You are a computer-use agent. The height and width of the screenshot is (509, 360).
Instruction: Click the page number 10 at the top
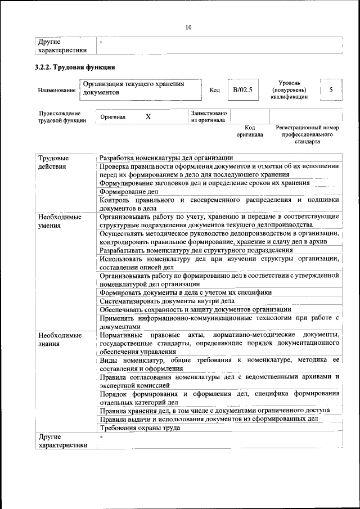coord(188,27)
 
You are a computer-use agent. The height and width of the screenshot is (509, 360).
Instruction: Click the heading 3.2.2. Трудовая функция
coord(71,68)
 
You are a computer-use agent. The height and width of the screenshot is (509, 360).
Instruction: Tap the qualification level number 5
coord(331,90)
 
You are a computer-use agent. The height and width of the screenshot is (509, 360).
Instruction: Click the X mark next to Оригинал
coord(148,116)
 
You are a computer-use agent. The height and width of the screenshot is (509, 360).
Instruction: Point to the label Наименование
coord(57,91)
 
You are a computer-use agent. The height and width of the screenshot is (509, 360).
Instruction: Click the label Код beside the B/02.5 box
coord(214,90)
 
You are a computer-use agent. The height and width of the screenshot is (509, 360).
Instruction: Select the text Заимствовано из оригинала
coord(209,116)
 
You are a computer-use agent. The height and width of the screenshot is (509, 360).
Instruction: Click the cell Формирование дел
coord(125,191)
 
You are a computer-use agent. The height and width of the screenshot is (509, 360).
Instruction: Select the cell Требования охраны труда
coord(140,428)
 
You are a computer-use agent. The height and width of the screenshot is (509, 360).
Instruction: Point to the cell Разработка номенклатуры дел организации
coord(166,157)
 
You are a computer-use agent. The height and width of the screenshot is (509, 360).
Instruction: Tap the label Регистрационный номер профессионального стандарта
coord(307,135)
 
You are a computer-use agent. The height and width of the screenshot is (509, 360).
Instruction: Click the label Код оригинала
coord(249,132)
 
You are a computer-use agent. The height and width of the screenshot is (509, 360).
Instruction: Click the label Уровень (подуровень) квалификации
coord(289,90)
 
